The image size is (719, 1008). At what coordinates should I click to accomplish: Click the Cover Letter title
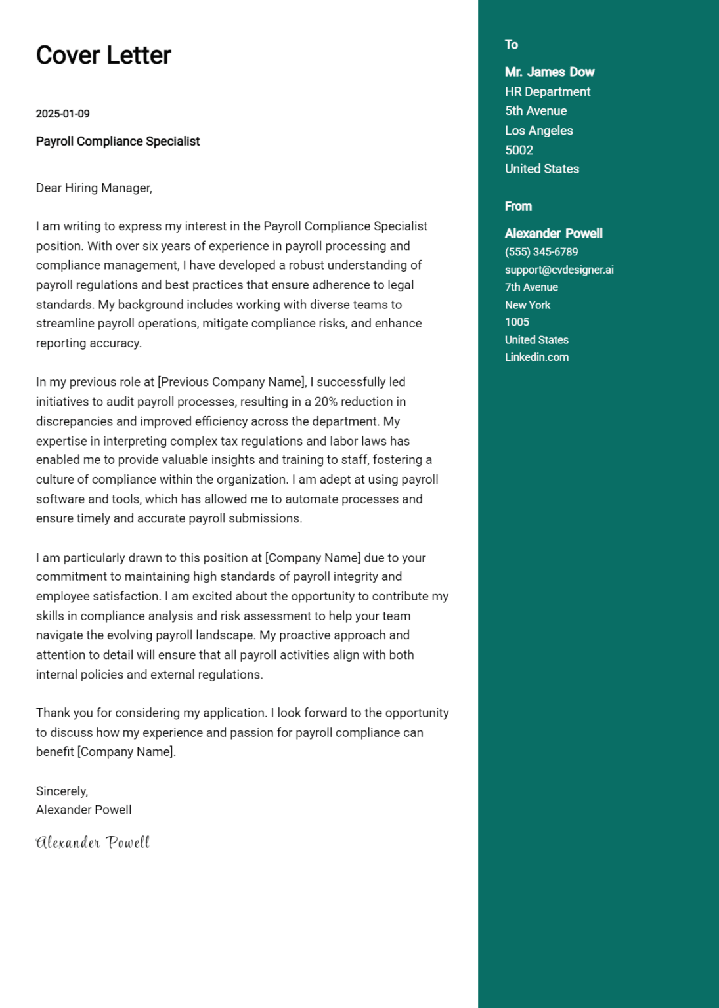(x=103, y=55)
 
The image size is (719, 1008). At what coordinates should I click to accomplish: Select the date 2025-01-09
(x=62, y=114)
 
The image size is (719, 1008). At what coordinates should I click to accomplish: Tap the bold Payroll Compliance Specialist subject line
(x=118, y=141)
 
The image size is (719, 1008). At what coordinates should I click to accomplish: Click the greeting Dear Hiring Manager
(x=94, y=188)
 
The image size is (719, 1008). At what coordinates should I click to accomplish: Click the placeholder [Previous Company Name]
(x=232, y=382)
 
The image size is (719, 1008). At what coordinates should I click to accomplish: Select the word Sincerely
(x=62, y=791)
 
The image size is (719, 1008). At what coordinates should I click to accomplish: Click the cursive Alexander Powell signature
(x=93, y=843)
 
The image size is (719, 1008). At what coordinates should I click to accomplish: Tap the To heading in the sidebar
(x=511, y=45)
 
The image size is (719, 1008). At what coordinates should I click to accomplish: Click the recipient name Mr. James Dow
(x=549, y=72)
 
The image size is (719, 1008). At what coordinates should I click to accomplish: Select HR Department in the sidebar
(x=547, y=92)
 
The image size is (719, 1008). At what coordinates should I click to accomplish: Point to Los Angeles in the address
(x=538, y=131)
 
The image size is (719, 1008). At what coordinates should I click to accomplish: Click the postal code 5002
(x=519, y=150)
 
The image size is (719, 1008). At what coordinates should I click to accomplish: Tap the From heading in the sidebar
(x=517, y=206)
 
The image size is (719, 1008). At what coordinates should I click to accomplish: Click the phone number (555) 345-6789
(x=541, y=252)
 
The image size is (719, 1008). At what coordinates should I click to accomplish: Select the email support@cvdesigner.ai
(x=559, y=270)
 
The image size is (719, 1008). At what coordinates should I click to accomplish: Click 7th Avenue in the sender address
(x=531, y=287)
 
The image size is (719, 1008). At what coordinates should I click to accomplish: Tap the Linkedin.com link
(x=536, y=358)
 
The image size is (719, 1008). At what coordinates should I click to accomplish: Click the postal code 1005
(x=517, y=322)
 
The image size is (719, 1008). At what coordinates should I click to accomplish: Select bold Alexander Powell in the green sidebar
(x=553, y=234)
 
